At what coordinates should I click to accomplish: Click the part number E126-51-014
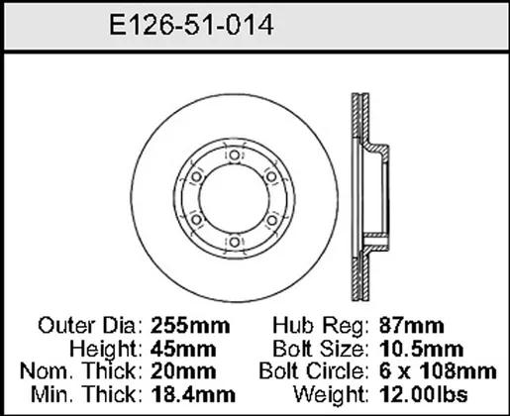coord(191,25)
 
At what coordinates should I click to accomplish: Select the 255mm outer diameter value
coord(190,326)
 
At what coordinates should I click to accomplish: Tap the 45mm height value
coord(183,349)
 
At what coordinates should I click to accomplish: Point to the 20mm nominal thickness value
coord(183,371)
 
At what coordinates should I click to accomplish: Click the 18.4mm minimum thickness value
coord(193,394)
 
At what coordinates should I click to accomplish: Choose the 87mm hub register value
coord(412,326)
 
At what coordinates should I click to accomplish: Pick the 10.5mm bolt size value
coord(422,349)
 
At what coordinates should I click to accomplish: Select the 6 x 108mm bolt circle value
coord(438,371)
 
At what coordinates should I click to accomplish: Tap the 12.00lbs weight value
coord(424,394)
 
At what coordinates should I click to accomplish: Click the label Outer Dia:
coord(91,326)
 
